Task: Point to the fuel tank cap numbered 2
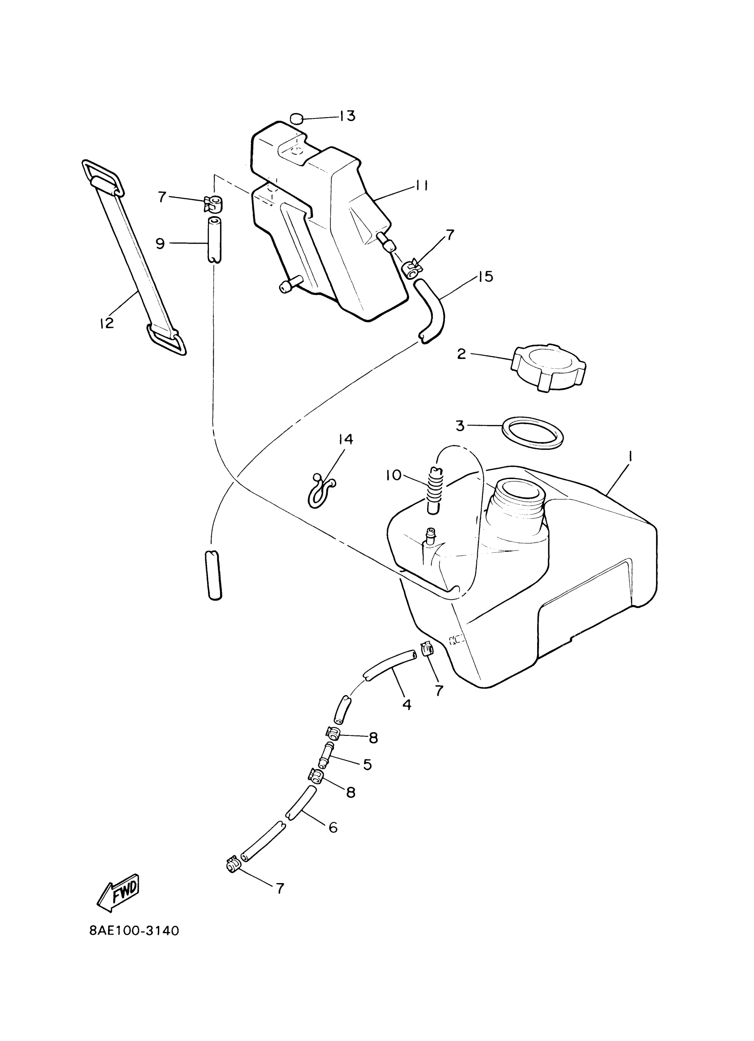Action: tap(548, 367)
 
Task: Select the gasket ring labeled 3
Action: tap(532, 432)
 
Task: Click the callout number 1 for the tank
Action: tap(632, 456)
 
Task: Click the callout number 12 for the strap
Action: tap(106, 323)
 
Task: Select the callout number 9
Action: tap(160, 243)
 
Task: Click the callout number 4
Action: tap(407, 704)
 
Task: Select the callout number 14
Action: tap(346, 439)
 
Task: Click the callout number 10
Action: tap(393, 475)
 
